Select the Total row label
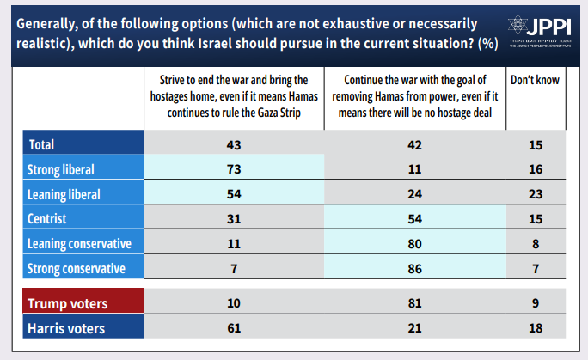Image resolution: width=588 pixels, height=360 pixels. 44,143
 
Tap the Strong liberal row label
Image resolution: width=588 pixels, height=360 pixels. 61,168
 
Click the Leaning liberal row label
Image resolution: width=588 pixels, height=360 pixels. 64,193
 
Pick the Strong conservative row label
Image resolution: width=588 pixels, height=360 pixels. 77,269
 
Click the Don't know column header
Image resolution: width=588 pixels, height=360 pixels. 535,81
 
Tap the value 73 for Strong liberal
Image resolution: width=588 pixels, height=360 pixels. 234,168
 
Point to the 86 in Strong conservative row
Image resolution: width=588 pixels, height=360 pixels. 414,269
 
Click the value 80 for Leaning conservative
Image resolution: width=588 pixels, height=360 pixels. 414,243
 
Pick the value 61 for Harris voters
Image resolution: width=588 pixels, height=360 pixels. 234,328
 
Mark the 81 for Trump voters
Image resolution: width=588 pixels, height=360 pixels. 414,303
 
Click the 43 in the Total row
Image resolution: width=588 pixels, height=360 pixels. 234,143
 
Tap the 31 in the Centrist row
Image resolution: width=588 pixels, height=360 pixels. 234,218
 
